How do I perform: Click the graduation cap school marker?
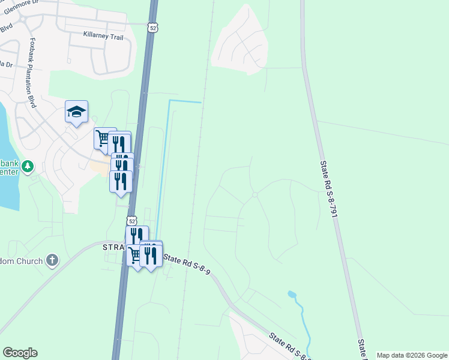tap(77, 112)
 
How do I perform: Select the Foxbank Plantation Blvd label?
tap(31, 73)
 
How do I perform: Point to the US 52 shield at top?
tap(154, 28)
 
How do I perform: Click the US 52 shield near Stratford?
tap(131, 221)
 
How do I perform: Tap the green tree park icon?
tap(27, 166)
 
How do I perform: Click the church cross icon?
tap(52, 260)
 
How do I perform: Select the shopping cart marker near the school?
tap(103, 139)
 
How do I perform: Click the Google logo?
tap(20, 353)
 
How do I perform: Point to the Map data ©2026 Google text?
tap(411, 355)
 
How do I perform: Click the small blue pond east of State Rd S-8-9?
tap(292, 295)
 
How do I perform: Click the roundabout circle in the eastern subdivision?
tap(255, 194)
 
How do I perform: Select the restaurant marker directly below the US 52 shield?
tap(137, 236)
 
